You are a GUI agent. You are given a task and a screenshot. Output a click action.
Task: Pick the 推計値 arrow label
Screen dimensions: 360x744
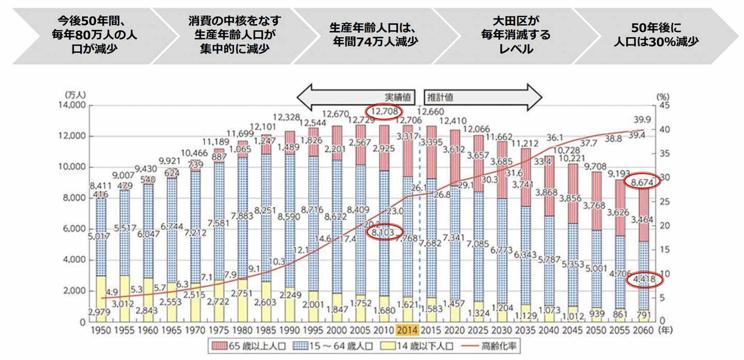pos(440,97)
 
